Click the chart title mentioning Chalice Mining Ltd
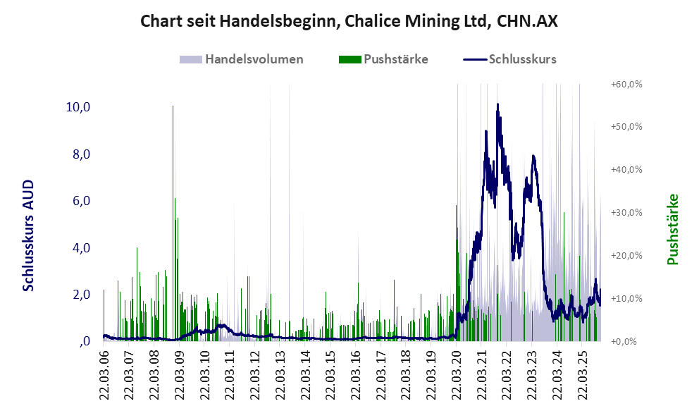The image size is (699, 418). point(349,21)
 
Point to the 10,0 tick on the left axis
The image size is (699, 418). point(78,107)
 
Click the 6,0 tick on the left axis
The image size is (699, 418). point(80,201)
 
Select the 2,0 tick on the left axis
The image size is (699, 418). point(80,295)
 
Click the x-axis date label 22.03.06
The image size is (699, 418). point(104,374)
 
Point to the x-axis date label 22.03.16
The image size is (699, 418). point(356,374)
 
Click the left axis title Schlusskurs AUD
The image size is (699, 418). point(28,235)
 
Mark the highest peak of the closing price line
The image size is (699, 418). point(497,104)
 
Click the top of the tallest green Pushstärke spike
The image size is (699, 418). point(173,106)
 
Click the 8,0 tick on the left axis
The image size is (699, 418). point(80,154)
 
